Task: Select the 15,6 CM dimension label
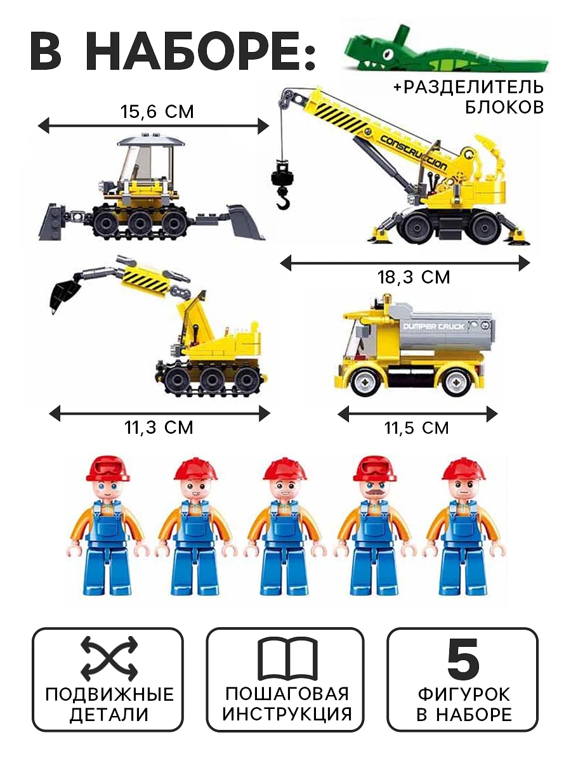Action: click(157, 112)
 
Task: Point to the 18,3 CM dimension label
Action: click(414, 277)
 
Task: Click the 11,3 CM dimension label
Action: click(159, 427)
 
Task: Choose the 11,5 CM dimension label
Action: click(416, 428)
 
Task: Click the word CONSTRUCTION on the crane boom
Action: click(414, 153)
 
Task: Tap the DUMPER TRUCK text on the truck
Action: click(433, 326)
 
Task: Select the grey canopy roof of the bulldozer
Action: click(150, 140)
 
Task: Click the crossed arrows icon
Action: click(109, 658)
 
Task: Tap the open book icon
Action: click(288, 659)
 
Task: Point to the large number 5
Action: click(463, 658)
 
